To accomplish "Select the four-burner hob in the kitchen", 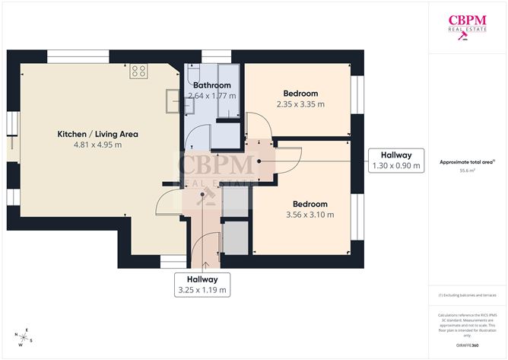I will coord(138,72).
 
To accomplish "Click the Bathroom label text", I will coord(211,85).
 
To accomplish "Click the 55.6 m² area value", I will coord(467,171).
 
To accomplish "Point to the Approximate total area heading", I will coord(465,162).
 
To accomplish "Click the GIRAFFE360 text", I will coord(467,345).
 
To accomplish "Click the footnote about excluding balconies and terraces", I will coord(467,295).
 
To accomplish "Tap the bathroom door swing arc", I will coord(195,137).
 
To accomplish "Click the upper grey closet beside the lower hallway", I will coord(236,201).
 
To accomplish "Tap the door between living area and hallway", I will coord(170,203).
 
